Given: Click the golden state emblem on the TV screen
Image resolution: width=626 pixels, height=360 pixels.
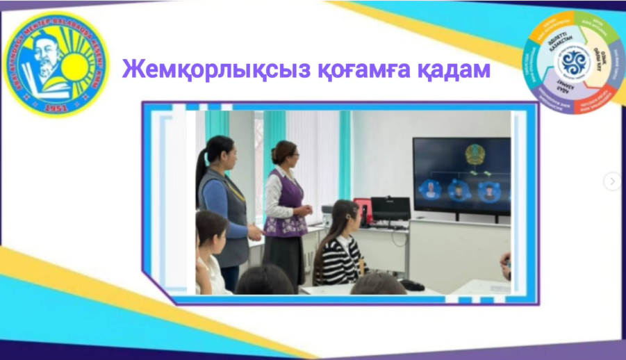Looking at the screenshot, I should [x=475, y=154].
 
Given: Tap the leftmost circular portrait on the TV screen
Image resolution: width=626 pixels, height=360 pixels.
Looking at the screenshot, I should [x=431, y=190].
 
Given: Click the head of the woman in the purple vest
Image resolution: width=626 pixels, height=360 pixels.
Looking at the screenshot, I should [x=285, y=153].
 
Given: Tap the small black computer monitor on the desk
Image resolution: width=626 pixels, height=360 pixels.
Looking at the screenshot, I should [x=390, y=208].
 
